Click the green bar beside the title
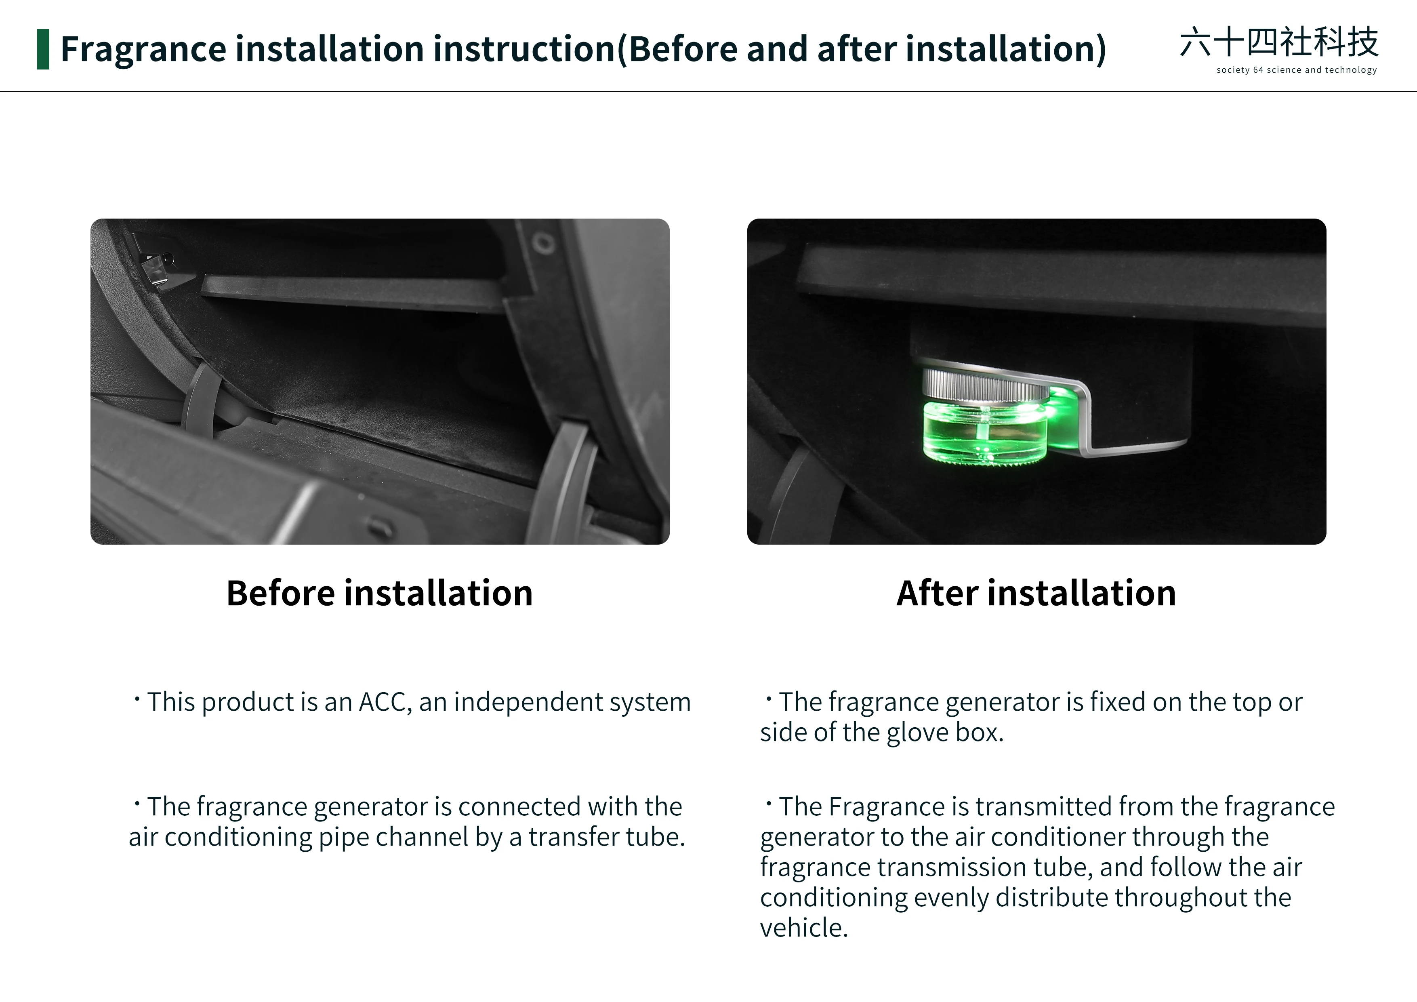[43, 49]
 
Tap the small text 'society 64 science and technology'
[1296, 70]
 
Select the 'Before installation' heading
[380, 593]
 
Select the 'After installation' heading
[1036, 593]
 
